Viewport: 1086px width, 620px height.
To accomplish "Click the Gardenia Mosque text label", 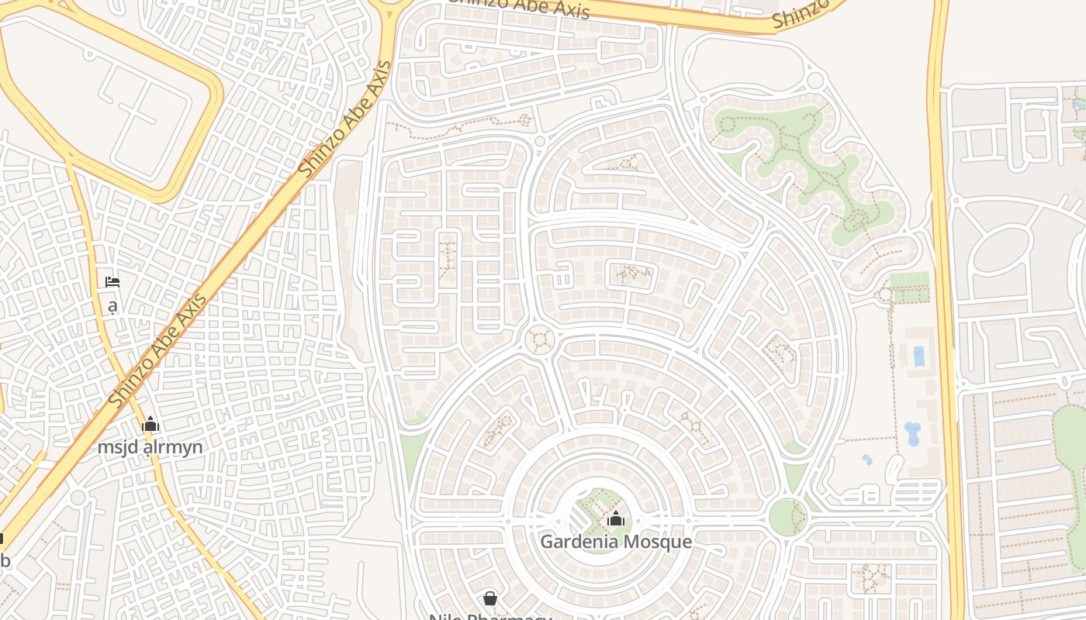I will point(615,541).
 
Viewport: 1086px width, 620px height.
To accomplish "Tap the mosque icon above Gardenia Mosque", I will point(616,518).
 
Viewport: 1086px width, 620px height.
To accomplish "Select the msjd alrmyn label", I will point(150,447).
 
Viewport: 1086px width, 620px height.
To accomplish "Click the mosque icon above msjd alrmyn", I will point(150,424).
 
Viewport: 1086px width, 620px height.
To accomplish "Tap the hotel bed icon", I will point(112,282).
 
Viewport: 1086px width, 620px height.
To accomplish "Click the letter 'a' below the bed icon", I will point(112,306).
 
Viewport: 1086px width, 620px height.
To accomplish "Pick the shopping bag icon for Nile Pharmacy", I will point(490,598).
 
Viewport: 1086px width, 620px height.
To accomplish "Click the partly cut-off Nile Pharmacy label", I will point(490,617).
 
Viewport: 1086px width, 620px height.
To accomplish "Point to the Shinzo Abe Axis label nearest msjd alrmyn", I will point(159,350).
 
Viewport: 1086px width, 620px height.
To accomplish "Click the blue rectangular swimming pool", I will point(919,356).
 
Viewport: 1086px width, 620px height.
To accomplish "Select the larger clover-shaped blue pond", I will point(912,432).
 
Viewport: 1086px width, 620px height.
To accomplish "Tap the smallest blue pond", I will point(867,460).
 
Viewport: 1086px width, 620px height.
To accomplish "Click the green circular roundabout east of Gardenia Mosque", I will point(787,517).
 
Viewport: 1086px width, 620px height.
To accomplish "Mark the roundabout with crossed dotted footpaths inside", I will point(540,340).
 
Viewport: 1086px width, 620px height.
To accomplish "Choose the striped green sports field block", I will point(909,287).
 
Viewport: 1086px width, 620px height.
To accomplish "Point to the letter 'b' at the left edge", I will point(5,560).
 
